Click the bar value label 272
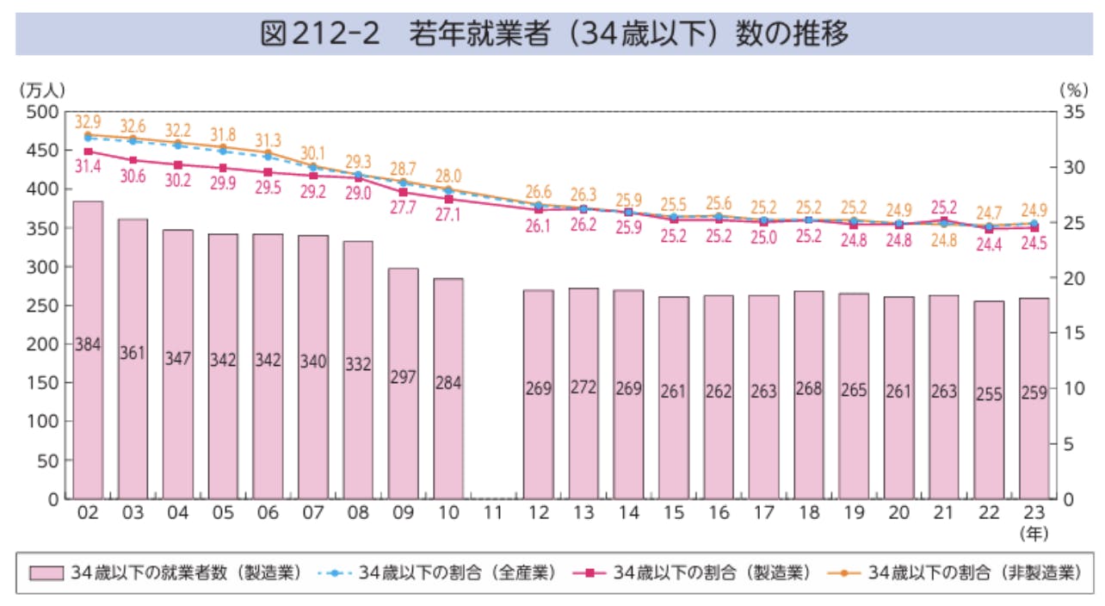(x=583, y=388)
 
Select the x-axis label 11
(x=493, y=514)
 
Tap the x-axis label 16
(x=718, y=514)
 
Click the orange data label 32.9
(x=87, y=121)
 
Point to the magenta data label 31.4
(x=87, y=167)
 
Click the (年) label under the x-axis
(x=1034, y=533)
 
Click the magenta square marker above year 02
(x=88, y=151)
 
